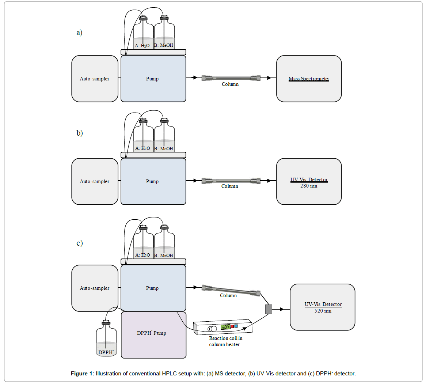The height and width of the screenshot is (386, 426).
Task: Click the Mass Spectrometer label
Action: [309, 79]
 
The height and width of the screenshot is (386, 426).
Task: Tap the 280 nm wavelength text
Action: [309, 186]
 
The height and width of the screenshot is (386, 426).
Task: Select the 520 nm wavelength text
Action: [323, 311]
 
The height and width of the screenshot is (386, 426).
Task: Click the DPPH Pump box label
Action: [151, 333]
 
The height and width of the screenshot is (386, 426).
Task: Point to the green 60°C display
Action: [225, 327]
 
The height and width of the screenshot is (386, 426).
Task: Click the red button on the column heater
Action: [232, 326]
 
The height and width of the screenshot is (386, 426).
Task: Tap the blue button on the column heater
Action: [236, 326]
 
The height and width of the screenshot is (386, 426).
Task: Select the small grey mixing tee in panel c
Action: [269, 309]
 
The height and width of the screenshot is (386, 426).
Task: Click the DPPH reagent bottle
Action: [106, 340]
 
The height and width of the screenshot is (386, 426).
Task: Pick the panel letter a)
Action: [79, 33]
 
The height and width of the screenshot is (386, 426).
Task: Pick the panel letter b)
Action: [79, 133]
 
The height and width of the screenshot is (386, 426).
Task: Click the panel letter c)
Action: [79, 243]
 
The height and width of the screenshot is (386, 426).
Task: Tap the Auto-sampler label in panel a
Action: [95, 79]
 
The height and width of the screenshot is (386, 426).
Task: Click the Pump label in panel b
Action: [152, 181]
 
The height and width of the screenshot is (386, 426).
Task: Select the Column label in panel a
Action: [230, 84]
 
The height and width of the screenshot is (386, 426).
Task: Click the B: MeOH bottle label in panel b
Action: [164, 149]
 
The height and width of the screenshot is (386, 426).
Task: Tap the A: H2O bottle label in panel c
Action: [142, 255]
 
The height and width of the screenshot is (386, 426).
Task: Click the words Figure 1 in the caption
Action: [82, 374]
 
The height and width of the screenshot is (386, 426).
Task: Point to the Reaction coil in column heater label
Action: [225, 341]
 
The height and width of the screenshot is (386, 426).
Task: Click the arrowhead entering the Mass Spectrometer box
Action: [269, 78]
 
